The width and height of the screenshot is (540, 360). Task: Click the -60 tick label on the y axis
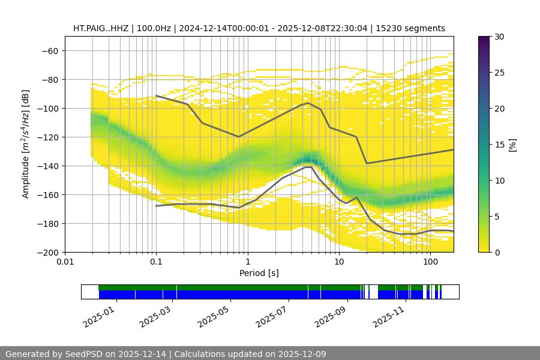pos(49,50)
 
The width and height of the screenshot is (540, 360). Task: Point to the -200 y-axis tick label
pos(47,252)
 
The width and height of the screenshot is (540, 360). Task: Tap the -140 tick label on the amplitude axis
pos(47,166)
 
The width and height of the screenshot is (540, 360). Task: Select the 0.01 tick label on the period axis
pos(65,262)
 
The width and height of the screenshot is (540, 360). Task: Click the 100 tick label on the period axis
pos(430,262)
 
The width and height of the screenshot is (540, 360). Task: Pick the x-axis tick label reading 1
pos(247,262)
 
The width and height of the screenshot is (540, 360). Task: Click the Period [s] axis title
pos(259,273)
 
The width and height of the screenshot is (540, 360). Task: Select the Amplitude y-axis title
pos(26,144)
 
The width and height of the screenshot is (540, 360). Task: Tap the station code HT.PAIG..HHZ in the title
pos(100,28)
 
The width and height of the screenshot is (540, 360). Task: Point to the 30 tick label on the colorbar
pos(499,37)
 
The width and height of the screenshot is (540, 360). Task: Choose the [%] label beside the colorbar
pos(512,144)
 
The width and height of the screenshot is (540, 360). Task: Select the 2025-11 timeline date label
pos(388,314)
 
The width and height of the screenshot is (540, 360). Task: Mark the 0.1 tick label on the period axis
pos(156,262)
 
